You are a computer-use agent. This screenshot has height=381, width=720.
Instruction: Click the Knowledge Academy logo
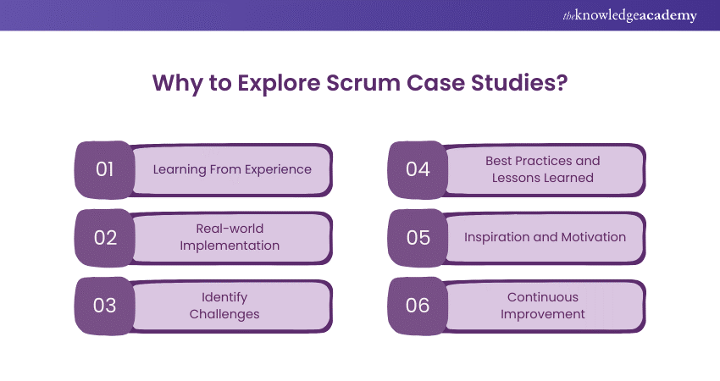click(629, 15)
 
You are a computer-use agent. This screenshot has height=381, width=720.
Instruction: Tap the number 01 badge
click(105, 170)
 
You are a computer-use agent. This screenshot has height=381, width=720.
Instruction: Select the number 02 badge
click(105, 238)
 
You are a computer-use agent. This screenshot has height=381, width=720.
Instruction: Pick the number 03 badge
click(105, 306)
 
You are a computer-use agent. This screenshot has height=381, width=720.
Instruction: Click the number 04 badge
click(418, 170)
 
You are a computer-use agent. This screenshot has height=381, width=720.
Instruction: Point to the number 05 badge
click(418, 238)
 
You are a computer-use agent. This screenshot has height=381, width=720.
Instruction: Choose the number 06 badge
click(418, 306)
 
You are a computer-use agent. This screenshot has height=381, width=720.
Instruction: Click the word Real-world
click(230, 228)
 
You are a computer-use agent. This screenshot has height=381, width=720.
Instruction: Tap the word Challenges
click(224, 314)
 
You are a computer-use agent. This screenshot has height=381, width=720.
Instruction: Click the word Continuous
click(543, 297)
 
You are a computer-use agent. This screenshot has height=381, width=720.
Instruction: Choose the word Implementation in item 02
click(230, 246)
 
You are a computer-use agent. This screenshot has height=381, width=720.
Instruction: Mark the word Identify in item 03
click(224, 298)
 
